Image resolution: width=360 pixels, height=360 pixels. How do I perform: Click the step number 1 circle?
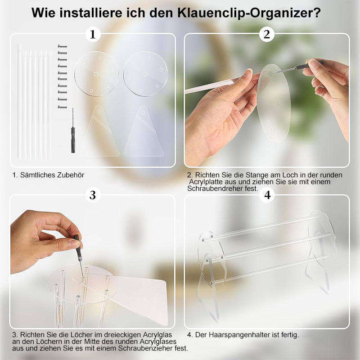pos(93,35)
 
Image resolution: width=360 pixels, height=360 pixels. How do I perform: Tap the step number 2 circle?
pos(267,35)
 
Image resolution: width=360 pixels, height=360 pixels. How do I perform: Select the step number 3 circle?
pos(93,195)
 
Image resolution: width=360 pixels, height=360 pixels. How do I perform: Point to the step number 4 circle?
pos(267,195)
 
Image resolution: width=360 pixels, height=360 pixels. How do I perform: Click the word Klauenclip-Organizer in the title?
pos(249,13)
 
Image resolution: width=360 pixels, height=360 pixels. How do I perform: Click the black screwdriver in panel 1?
pos(73,130)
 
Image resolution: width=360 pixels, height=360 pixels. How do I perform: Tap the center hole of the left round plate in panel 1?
pos(96,74)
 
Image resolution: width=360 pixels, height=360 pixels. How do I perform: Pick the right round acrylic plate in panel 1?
pos(145,74)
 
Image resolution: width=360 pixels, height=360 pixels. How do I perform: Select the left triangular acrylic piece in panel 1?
pos(100,131)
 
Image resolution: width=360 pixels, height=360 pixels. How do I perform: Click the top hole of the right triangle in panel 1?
pos(143,112)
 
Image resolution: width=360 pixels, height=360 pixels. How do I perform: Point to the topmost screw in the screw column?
pos(62,46)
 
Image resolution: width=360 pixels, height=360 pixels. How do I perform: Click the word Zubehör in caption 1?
pos(71,175)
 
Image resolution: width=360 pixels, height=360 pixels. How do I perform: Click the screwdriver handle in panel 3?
pos(78,248)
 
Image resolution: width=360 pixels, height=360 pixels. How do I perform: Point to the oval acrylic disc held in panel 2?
pos(274,102)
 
